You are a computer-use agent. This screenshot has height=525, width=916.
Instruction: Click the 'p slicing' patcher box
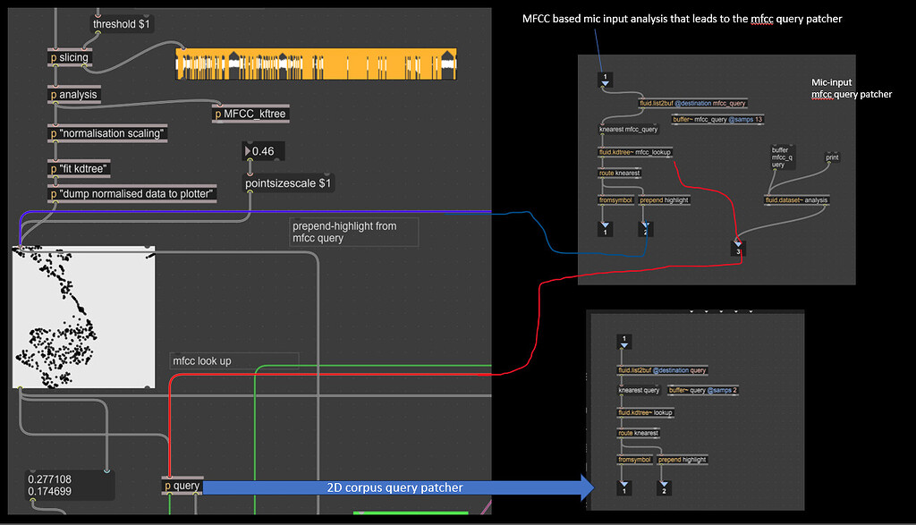[69, 58]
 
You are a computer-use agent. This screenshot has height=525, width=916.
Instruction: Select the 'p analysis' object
[73, 95]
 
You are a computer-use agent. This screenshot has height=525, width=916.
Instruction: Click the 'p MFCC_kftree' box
[250, 114]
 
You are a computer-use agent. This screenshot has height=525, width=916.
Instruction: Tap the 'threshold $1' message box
[122, 24]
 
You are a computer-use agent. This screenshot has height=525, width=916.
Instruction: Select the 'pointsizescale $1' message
[288, 183]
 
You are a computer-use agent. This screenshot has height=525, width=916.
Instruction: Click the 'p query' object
[182, 486]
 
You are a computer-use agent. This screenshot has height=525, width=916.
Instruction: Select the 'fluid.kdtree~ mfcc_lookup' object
[635, 152]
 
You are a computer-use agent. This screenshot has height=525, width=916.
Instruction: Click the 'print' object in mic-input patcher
[832, 157]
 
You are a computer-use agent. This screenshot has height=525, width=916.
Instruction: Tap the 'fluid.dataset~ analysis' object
[797, 200]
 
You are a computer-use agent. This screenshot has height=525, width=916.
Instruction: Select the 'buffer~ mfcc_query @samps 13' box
[717, 119]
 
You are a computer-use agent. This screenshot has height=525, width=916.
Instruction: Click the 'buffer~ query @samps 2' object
[704, 391]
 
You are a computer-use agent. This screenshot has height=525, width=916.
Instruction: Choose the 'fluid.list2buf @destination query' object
[662, 370]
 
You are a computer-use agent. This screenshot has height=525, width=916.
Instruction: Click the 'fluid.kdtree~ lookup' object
[645, 413]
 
